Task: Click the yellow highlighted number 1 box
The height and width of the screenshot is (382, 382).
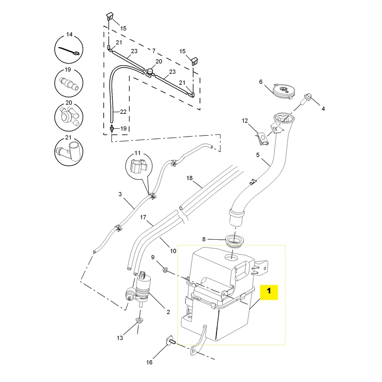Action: pyautogui.click(x=269, y=292)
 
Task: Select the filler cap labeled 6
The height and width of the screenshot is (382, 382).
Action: pyautogui.click(x=283, y=91)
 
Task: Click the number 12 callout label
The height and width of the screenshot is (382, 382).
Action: pyautogui.click(x=245, y=121)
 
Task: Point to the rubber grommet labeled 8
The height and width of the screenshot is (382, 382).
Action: pyautogui.click(x=234, y=241)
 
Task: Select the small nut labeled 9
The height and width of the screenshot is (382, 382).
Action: pyautogui.click(x=165, y=269)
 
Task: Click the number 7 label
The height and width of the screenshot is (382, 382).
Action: pyautogui.click(x=153, y=50)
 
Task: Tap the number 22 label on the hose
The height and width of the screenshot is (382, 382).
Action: pyautogui.click(x=123, y=112)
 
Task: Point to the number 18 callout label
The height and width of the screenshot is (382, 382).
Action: pyautogui.click(x=190, y=178)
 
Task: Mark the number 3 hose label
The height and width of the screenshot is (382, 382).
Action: pyautogui.click(x=120, y=194)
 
